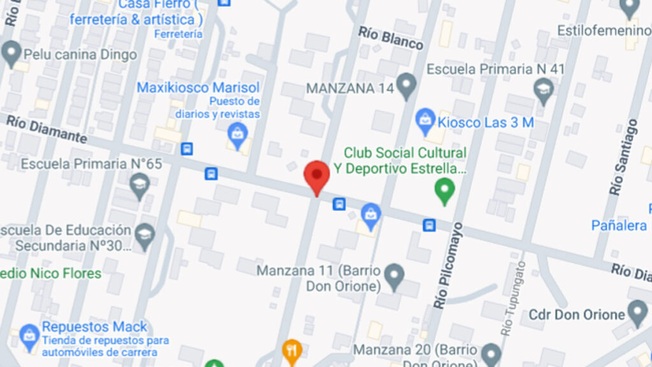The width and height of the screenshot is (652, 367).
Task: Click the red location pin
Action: [x=316, y=175]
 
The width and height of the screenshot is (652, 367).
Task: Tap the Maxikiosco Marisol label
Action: [x=198, y=87]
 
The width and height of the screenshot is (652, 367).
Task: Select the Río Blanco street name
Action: [x=390, y=38]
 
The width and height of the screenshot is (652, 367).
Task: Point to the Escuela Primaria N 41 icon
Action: [x=543, y=89]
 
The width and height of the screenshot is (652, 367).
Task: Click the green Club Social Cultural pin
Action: [x=444, y=189]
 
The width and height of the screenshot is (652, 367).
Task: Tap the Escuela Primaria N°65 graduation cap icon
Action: [x=139, y=185]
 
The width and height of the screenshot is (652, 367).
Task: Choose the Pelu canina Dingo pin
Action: [x=11, y=54]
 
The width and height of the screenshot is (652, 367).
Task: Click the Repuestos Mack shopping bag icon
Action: [x=29, y=335]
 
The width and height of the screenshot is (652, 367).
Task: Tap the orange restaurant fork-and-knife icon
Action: [x=291, y=349]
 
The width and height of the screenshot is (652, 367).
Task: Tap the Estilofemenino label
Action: [x=604, y=30]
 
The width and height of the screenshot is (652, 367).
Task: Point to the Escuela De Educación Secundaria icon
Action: [x=145, y=232]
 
